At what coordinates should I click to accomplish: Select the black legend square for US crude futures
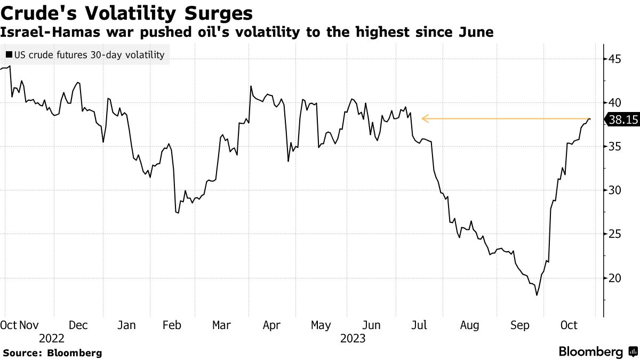pos(9,54)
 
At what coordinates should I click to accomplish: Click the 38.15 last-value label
pos(623,121)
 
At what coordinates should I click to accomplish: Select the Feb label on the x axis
pos(171,325)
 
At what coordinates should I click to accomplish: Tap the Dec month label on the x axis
pos(78,325)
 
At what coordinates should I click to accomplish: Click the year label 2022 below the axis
pos(52,338)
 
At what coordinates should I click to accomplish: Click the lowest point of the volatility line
pos(537,295)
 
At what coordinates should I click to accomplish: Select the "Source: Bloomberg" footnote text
pos(52,353)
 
